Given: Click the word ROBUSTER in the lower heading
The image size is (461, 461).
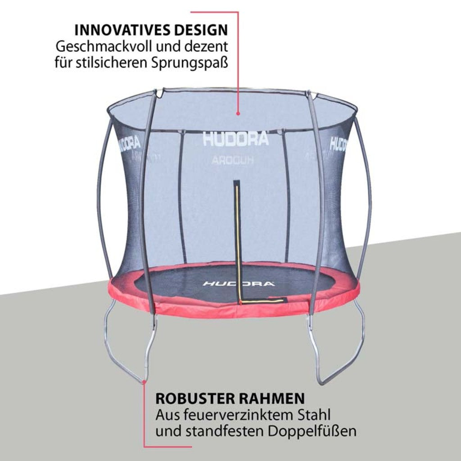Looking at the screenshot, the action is point(194,398).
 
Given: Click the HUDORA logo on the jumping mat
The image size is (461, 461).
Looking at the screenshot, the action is point(239,284).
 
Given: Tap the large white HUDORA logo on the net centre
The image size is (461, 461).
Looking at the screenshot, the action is point(236,139).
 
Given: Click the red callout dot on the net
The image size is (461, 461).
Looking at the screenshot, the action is point(238,113).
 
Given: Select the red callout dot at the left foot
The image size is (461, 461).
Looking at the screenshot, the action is point(144,382).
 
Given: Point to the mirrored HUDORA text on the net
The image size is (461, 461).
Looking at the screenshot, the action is point(233,161).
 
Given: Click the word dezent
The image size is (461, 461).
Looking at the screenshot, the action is point(209,47).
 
